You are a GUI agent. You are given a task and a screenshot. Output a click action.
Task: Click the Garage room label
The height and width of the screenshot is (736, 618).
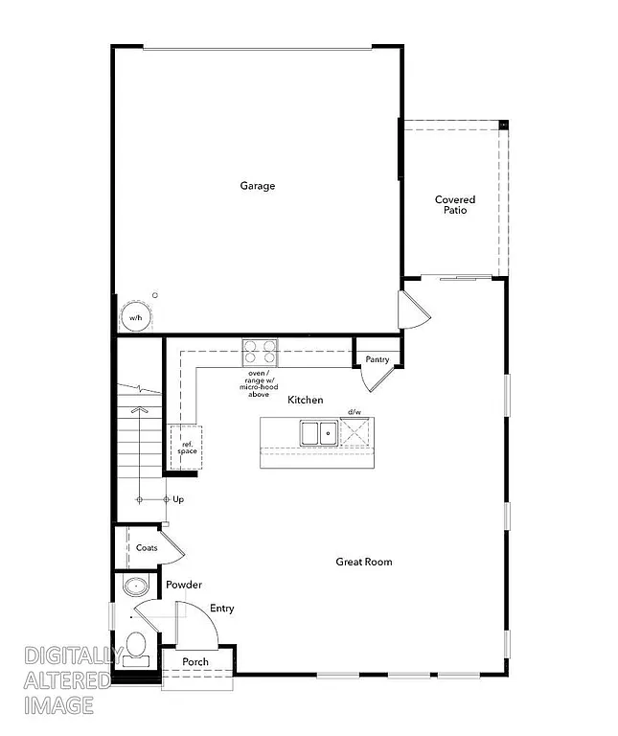pos(257,186)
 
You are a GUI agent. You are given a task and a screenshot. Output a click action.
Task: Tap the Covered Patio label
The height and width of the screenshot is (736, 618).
pos(454,205)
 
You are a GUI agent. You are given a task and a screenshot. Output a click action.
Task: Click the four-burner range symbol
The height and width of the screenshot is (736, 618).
pos(259,352)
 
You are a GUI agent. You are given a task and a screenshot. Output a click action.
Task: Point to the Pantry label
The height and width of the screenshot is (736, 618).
pos(377,360)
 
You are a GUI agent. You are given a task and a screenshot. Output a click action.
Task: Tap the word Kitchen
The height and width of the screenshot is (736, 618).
pos(306,400)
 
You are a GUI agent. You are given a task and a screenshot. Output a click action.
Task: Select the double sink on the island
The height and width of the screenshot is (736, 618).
pos(317,433)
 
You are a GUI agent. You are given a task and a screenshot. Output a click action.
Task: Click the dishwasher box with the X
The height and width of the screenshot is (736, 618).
pos(355,432)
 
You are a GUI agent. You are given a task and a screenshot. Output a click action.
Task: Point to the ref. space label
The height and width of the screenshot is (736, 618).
pos(186,447)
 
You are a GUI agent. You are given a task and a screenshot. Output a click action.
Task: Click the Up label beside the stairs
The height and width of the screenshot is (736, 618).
pos(178,499)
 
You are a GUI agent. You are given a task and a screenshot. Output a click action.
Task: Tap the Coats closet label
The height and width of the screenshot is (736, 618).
pos(147,548)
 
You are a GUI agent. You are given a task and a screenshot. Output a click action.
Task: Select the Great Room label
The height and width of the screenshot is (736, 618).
pos(363,562)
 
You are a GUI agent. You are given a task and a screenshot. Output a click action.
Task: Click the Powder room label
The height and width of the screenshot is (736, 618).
pos(183,585)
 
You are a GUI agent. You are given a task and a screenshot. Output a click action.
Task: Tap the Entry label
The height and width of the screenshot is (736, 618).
pos(221,609)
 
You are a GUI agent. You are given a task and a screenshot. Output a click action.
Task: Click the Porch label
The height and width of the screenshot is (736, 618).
pos(195,662)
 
